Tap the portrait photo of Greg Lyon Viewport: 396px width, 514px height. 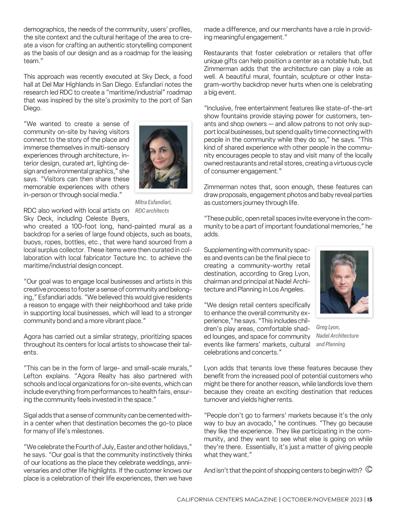344,282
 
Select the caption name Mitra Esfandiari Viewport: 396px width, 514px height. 153,202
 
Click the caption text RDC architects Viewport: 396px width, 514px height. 152,211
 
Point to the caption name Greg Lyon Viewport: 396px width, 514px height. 328,327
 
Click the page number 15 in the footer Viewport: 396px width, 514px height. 370,499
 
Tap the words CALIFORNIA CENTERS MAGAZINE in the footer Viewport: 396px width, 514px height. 227,499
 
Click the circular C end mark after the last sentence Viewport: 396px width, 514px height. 369,470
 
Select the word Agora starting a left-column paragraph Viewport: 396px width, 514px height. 32,337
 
